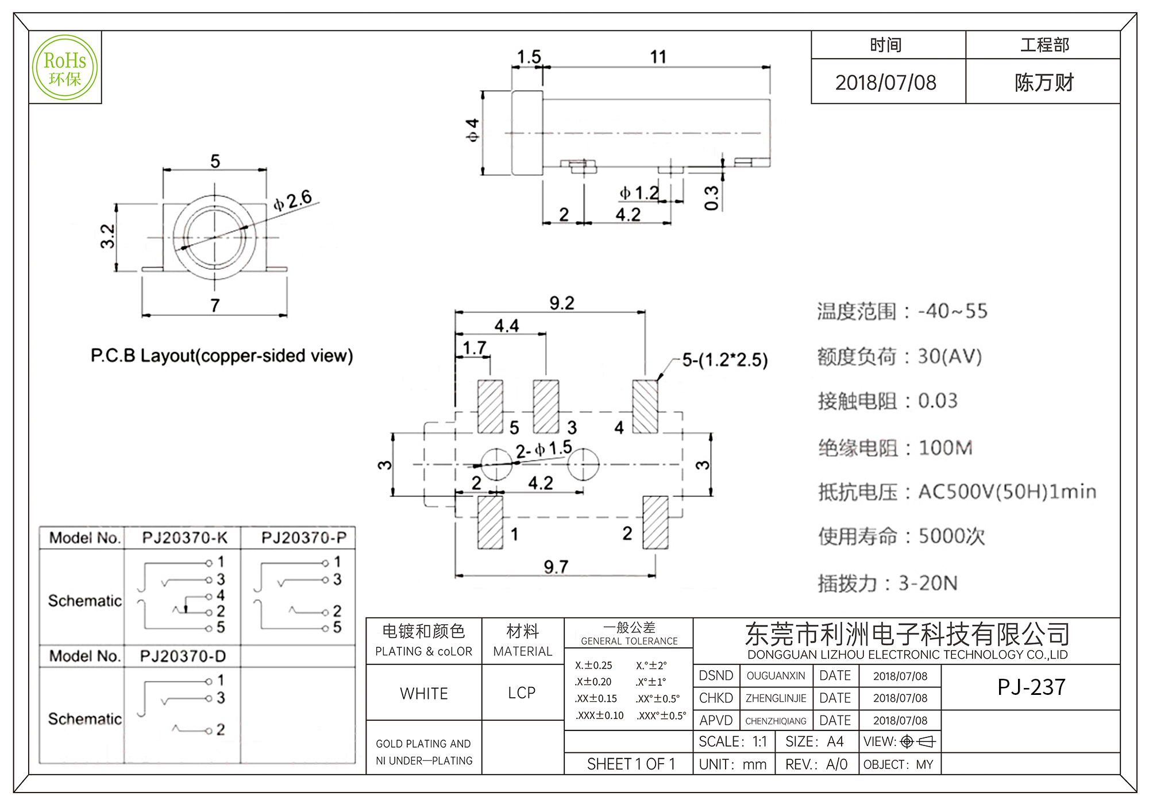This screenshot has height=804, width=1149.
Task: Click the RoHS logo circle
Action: tap(65, 68)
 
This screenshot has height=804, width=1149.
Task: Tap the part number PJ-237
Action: tap(1031, 687)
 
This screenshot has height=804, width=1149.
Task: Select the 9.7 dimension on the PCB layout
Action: tap(556, 567)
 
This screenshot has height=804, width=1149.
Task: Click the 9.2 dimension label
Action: tap(561, 303)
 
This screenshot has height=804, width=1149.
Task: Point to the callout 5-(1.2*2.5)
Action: tap(724, 360)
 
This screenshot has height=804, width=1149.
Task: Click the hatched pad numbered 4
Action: tap(645, 407)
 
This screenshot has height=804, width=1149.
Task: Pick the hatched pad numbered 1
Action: tap(490, 522)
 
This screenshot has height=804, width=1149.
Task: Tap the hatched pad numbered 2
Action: tap(656, 522)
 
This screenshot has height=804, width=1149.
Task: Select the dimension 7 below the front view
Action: tap(215, 306)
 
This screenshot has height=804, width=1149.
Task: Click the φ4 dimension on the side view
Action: tap(472, 130)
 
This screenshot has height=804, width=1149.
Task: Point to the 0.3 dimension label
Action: tap(711, 198)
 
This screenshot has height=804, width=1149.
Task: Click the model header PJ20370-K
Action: tap(184, 538)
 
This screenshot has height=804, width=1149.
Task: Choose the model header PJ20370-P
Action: tap(304, 538)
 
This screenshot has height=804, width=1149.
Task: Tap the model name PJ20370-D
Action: tap(183, 656)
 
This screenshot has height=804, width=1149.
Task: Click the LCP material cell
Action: tap(522, 693)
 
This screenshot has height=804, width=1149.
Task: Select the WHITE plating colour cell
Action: tap(424, 694)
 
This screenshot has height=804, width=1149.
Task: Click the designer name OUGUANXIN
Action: tap(776, 676)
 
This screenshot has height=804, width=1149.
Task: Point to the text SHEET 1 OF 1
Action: tap(631, 764)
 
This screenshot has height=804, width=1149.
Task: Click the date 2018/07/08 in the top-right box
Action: tap(885, 83)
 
